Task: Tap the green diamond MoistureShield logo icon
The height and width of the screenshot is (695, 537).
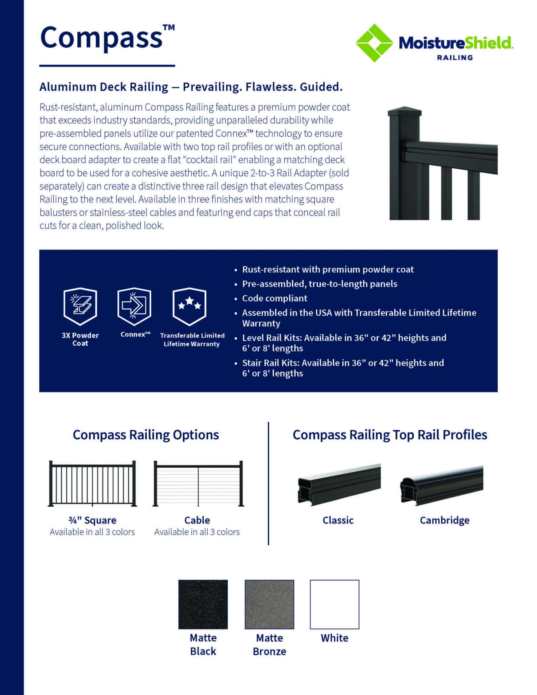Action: click(374, 43)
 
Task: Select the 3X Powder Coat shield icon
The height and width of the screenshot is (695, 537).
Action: click(80, 306)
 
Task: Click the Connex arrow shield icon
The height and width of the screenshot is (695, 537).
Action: click(134, 306)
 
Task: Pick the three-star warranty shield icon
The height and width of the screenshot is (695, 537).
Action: click(189, 306)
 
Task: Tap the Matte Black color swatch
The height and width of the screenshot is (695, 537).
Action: click(203, 604)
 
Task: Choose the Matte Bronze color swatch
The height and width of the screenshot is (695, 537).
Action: click(269, 604)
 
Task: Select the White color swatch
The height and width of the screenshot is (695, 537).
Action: click(334, 604)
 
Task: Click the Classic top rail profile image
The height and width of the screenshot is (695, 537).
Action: click(339, 484)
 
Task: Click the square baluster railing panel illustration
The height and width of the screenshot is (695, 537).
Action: click(92, 484)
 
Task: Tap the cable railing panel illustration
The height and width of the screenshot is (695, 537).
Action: click(198, 484)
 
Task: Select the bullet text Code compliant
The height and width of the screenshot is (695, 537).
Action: click(275, 298)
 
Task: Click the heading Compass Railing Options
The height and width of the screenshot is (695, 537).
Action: click(146, 435)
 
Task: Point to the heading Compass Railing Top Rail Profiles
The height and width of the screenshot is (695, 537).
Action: click(390, 435)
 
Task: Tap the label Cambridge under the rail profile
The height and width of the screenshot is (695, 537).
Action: click(444, 520)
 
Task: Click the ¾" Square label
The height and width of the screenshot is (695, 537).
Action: click(92, 520)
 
